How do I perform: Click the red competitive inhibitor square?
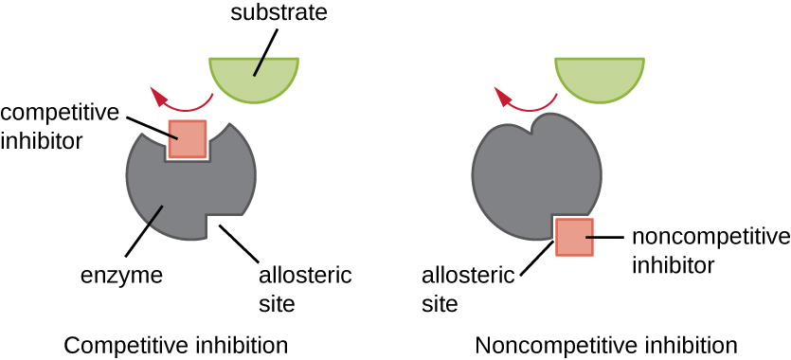pyautogui.click(x=187, y=138)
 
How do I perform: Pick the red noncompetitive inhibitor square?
pyautogui.click(x=573, y=237)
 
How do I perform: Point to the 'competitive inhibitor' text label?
pyautogui.click(x=60, y=126)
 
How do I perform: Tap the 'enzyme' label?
pyautogui.click(x=122, y=277)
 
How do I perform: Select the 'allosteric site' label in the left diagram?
pyautogui.click(x=304, y=290)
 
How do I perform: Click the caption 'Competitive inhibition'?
pyautogui.click(x=175, y=343)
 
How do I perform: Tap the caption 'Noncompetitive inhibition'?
pyautogui.click(x=605, y=343)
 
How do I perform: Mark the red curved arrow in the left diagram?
pyautogui.click(x=180, y=101)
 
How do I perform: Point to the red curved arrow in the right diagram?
pyautogui.click(x=524, y=101)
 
